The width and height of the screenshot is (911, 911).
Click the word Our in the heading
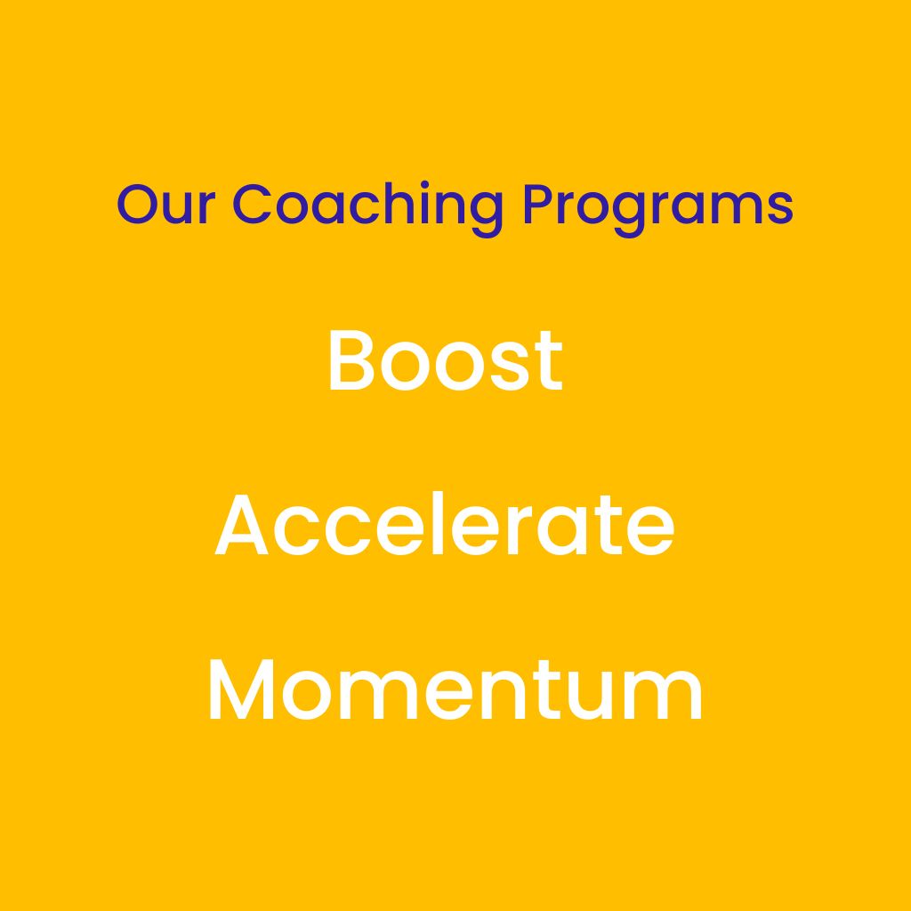pos(165,204)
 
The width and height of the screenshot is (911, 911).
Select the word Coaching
pos(367,208)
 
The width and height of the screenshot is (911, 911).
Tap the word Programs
pos(657,209)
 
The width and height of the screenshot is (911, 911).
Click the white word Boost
pos(446,361)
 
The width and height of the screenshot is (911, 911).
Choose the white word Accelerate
pos(445,523)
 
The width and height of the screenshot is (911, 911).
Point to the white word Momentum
pos(455,690)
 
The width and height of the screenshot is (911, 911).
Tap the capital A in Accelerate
pos(241,525)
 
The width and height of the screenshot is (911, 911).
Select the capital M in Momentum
pos(241,690)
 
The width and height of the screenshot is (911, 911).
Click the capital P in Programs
pos(539,204)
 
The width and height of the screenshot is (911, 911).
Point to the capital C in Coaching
pos(252,204)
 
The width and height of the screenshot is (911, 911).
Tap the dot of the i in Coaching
pos(424,185)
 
